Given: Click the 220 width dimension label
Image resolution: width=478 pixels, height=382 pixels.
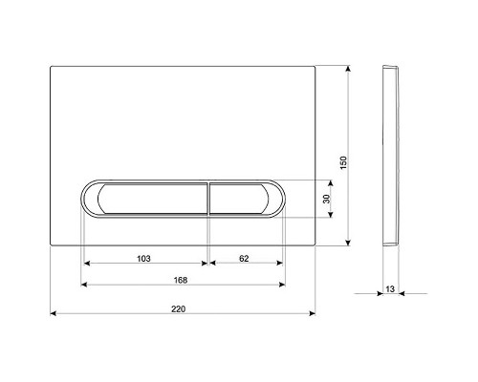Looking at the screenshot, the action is click(x=178, y=308).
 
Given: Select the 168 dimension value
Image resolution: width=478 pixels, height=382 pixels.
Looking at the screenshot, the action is click(x=181, y=280).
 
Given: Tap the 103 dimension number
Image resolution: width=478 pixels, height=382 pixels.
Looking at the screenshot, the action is click(x=143, y=259).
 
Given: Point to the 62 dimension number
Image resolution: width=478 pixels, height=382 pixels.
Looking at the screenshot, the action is click(x=244, y=259).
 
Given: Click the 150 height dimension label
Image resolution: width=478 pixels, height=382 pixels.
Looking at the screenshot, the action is click(x=343, y=162).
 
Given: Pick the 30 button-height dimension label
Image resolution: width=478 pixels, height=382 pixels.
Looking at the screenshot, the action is click(x=326, y=199).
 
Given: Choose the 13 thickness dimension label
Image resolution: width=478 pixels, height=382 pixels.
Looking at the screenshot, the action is click(x=390, y=289).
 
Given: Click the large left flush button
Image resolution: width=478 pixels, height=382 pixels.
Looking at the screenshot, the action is click(x=153, y=199).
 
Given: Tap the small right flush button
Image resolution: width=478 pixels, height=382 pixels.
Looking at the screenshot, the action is click(x=239, y=199).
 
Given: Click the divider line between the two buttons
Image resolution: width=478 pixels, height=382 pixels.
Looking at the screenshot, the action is click(x=208, y=199).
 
